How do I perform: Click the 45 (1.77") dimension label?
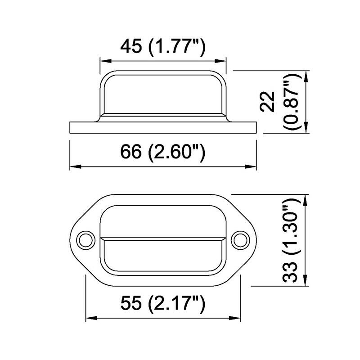click(162, 48)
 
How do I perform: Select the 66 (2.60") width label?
click(162, 152)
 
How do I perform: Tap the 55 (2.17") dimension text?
click(162, 304)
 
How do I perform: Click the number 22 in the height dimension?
click(267, 102)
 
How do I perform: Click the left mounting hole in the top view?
click(86, 240)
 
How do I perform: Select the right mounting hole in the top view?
click(240, 240)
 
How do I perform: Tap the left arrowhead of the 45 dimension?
click(106, 61)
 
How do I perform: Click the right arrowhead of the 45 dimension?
click(220, 61)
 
